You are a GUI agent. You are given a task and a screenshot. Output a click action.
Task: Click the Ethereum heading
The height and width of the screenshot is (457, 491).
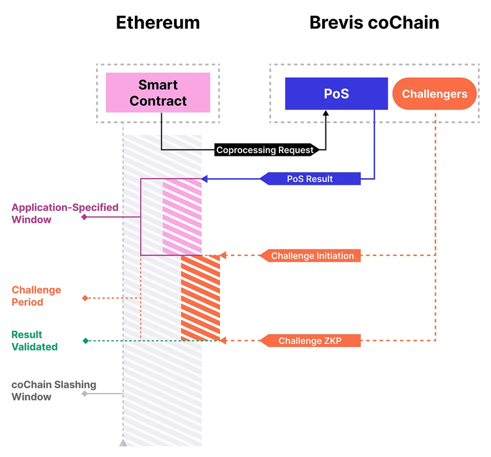point(158,23)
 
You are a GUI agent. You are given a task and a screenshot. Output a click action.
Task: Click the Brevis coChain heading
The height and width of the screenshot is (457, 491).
point(374,23)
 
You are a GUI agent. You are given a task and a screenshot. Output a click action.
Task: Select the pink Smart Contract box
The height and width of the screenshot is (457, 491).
point(158,92)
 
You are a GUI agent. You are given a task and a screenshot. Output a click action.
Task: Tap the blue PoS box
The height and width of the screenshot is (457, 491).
point(336,94)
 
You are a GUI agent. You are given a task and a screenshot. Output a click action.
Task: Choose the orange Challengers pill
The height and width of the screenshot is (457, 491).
point(435,94)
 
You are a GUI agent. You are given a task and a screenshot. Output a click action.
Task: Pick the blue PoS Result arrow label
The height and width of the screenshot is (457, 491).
point(310,179)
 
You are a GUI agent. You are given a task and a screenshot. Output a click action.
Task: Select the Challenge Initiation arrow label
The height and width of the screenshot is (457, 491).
point(312,256)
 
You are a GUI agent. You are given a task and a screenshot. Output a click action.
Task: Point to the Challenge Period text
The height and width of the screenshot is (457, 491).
point(36,296)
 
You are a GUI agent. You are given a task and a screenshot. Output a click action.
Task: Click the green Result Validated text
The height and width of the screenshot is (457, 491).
point(35,340)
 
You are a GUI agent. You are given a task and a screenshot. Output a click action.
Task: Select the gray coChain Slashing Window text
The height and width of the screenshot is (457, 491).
point(54,391)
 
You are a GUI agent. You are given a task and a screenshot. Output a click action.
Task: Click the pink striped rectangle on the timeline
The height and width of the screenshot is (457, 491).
point(182,217)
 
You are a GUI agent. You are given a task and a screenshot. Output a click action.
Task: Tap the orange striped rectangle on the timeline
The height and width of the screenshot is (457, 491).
point(200,298)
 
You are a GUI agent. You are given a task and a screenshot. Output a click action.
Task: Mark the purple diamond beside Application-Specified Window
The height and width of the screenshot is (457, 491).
point(84,217)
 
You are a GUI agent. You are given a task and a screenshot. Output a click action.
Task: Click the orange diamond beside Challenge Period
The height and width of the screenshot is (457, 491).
point(84,299)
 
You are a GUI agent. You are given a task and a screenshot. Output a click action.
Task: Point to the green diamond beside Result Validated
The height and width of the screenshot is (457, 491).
point(84,340)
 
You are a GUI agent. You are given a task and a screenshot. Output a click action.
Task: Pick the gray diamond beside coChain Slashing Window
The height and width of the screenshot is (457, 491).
point(84,393)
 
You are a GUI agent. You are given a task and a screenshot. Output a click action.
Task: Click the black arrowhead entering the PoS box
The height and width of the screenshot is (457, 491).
point(325,114)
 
